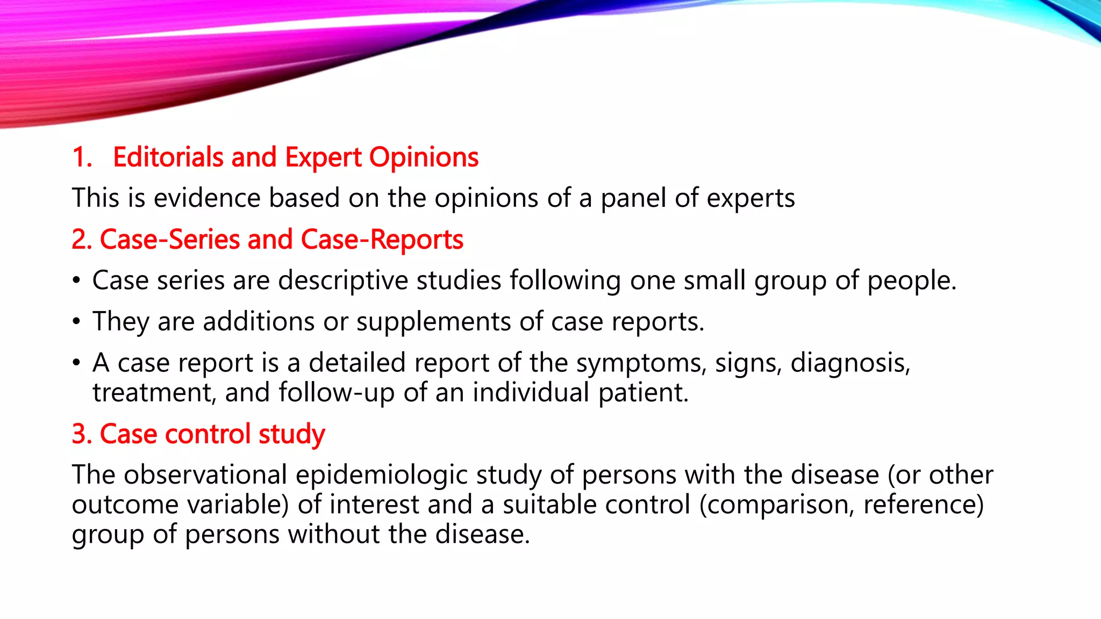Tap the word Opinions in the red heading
424,157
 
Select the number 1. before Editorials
82,157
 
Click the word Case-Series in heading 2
169,240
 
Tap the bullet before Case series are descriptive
77,281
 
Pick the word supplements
433,322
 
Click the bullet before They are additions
77,322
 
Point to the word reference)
923,505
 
